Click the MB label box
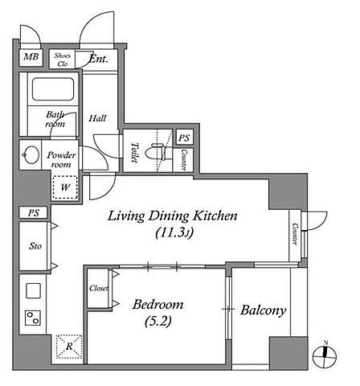[x=31, y=57]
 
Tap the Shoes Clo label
[x=63, y=60]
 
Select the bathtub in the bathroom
[x=53, y=89]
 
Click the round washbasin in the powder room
[x=31, y=154]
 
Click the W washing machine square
[x=65, y=187]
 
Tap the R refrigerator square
[x=69, y=347]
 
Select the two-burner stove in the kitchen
[x=33, y=318]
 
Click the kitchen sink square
[x=33, y=291]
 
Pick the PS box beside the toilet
[x=184, y=138]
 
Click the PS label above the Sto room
[x=34, y=213]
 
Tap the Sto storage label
[x=35, y=246]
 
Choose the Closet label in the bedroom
[x=99, y=289]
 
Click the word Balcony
[x=263, y=310]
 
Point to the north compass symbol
[x=325, y=355]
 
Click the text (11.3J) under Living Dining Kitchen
[x=174, y=232]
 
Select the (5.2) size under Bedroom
[x=158, y=321]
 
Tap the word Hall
[x=97, y=118]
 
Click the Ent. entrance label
[x=99, y=59]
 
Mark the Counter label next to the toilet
[x=184, y=160]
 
